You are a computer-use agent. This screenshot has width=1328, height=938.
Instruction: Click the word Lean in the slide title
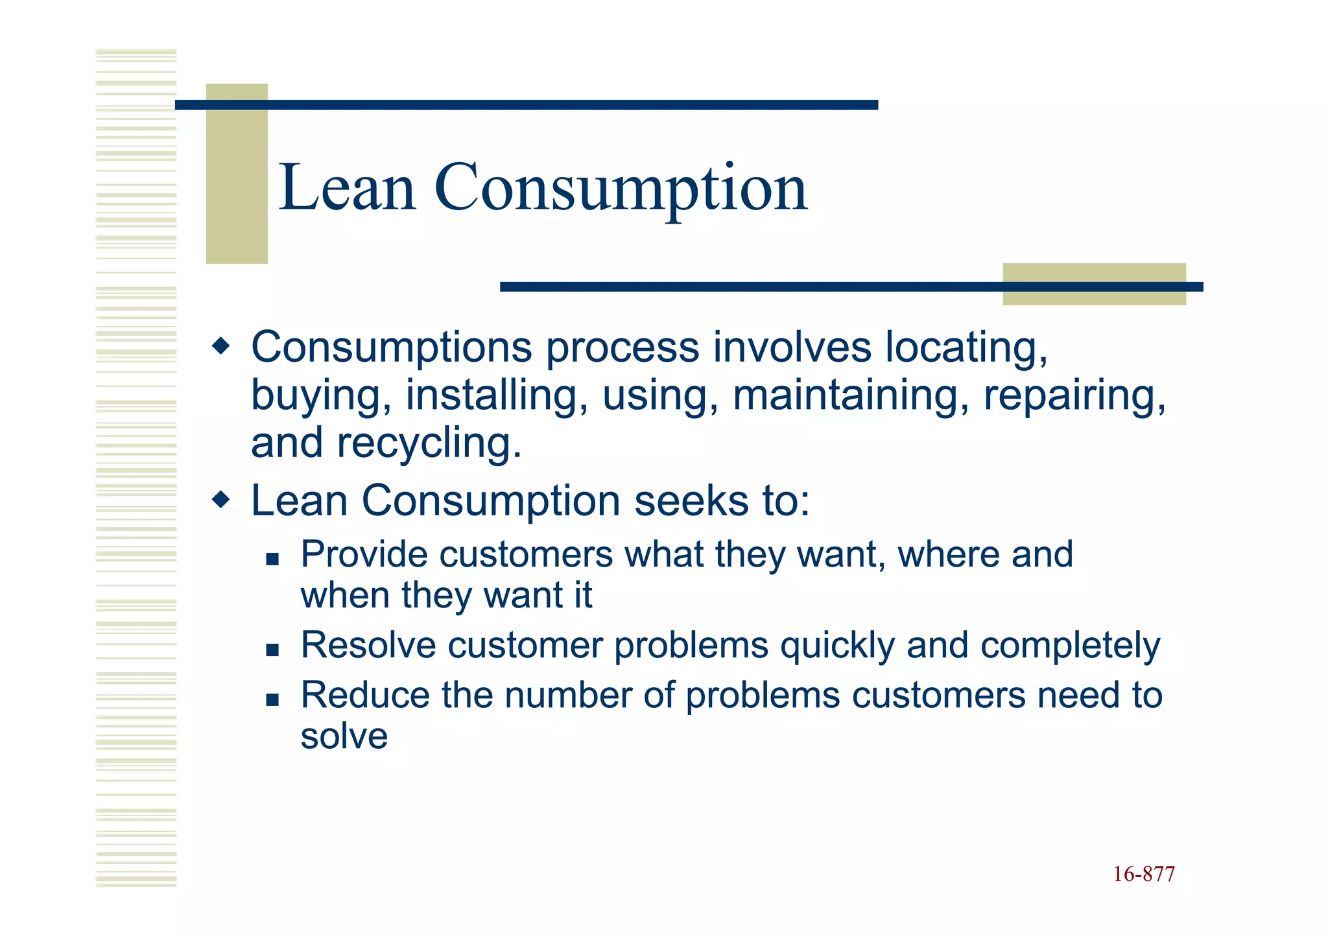tap(346, 188)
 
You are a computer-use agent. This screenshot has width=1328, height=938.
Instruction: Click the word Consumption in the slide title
tap(621, 189)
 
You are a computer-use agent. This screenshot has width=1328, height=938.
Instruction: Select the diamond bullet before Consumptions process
tap(221, 346)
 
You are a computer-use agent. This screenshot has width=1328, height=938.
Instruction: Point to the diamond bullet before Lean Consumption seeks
tap(221, 500)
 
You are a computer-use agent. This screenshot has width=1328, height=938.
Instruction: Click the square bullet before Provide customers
tap(272, 558)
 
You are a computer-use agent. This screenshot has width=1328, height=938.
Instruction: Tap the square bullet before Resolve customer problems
tap(272, 649)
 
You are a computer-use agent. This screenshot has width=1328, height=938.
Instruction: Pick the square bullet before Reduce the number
tap(272, 699)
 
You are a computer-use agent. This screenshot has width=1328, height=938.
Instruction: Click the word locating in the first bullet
tap(966, 349)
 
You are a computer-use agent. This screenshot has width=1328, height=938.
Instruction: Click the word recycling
tap(429, 444)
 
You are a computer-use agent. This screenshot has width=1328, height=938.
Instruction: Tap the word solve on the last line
tap(344, 736)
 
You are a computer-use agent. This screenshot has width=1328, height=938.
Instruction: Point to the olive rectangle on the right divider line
tap(1094, 284)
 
